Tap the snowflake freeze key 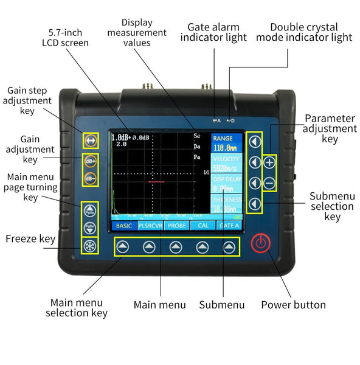tap(89, 246)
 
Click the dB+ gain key tap(89, 162)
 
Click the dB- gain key tap(89, 179)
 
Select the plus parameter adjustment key tap(270, 162)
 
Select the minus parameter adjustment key tap(270, 182)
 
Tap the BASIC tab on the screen tap(123, 226)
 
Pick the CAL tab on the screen tap(202, 226)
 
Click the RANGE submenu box tap(226, 143)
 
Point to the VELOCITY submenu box tap(226, 164)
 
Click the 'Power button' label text tap(293, 305)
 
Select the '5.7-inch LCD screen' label tap(65, 37)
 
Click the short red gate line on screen tap(156, 181)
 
